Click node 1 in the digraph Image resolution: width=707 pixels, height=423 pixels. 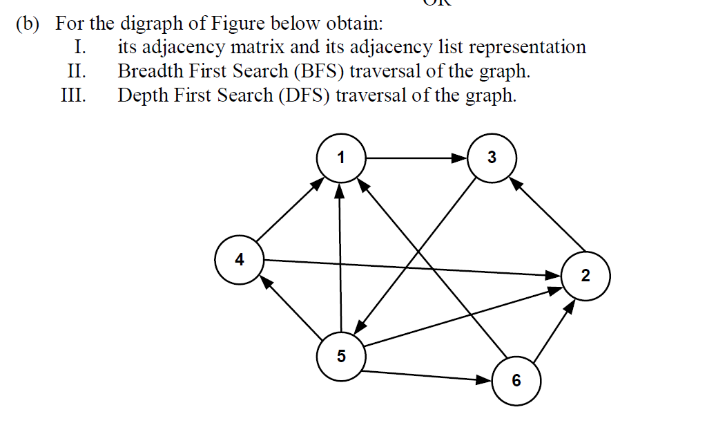pyautogui.click(x=340, y=158)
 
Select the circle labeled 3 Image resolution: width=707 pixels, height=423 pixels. pyautogui.click(x=492, y=158)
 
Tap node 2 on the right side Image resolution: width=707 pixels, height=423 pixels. pyautogui.click(x=585, y=276)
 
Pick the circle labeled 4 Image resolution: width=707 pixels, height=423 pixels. pyautogui.click(x=240, y=260)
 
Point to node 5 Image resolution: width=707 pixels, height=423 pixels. pyautogui.click(x=340, y=357)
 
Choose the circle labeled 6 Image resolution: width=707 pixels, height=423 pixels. pyautogui.click(x=516, y=381)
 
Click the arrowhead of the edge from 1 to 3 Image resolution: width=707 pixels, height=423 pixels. pyautogui.click(x=460, y=158)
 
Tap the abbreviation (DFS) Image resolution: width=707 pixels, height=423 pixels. pyautogui.click(x=306, y=95)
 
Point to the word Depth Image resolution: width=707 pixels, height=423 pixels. pyautogui.click(x=142, y=95)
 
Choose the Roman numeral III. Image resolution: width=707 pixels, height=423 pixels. pyautogui.click(x=74, y=95)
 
